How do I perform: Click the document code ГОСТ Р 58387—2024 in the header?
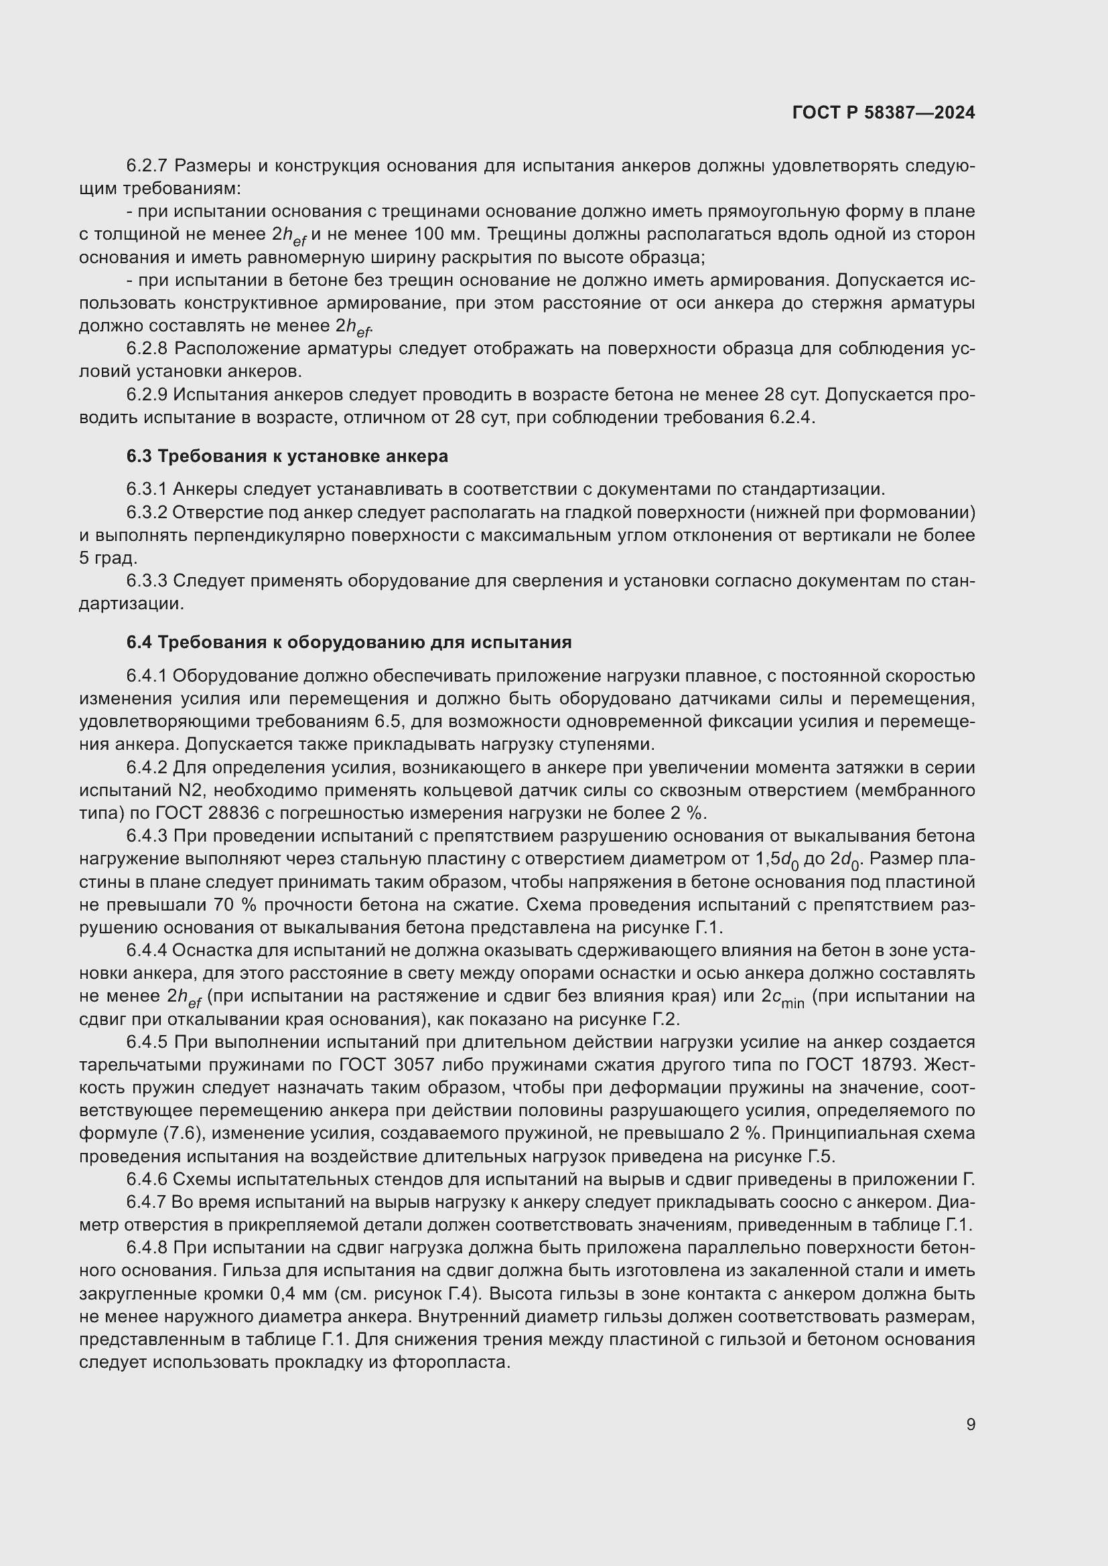pos(883,112)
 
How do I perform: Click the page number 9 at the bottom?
pos(970,1424)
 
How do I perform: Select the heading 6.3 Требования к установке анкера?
pos(287,457)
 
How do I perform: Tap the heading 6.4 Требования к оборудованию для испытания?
pos(348,643)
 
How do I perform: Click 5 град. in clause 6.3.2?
pos(108,558)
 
